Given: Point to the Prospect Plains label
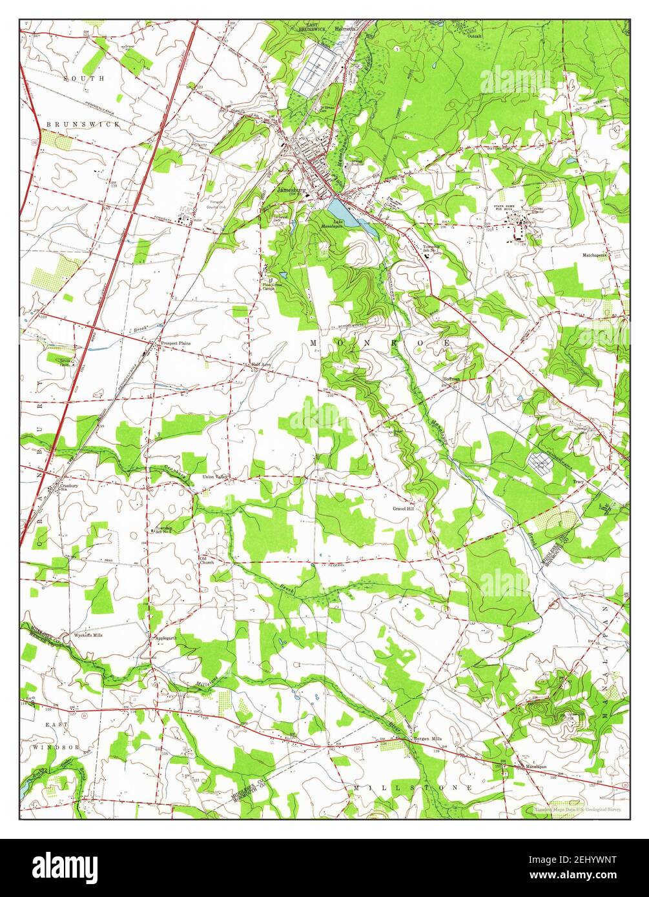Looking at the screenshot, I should (176, 343).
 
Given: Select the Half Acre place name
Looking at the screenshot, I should (260, 365).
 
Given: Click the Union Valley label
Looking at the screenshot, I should (216, 477).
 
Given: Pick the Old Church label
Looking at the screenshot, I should (206, 559).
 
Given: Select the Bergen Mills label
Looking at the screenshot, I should (427, 738).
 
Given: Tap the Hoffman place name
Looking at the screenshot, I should (450, 378).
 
